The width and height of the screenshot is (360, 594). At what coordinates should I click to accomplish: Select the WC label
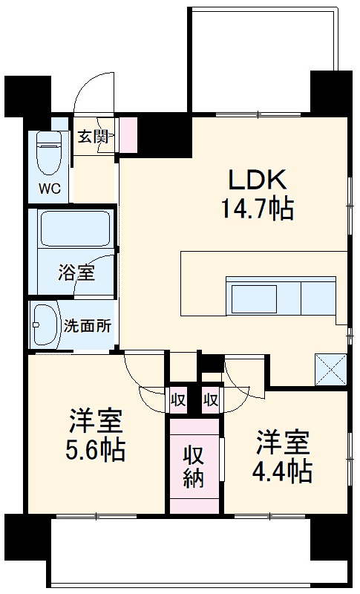[x=50, y=187]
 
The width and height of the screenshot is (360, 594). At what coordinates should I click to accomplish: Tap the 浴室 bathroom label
[x=76, y=272]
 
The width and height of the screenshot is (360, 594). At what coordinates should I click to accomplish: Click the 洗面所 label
[x=88, y=324]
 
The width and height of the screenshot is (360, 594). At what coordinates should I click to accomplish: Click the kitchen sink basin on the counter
[x=253, y=299]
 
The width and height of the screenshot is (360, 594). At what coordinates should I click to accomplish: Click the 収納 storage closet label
[x=194, y=466]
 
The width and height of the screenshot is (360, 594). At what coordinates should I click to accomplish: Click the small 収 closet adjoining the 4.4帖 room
[x=211, y=399]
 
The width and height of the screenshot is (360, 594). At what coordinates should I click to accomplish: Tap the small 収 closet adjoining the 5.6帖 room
[x=178, y=399]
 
